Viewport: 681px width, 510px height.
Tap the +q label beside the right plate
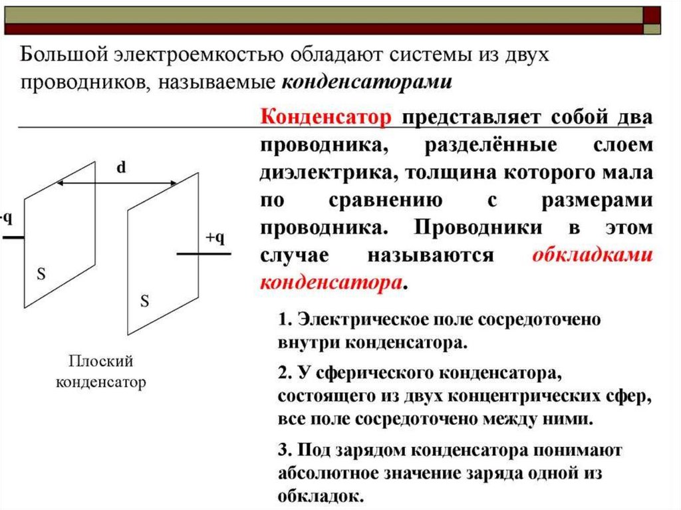click(x=215, y=239)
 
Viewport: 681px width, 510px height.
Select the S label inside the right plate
click(x=144, y=301)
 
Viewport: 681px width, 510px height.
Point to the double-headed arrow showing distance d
click(x=116, y=182)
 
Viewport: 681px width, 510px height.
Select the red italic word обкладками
click(x=593, y=255)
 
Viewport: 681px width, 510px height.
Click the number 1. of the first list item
click(x=285, y=319)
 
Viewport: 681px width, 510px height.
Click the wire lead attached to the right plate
click(x=204, y=254)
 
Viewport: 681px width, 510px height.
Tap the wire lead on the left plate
click(x=12, y=236)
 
